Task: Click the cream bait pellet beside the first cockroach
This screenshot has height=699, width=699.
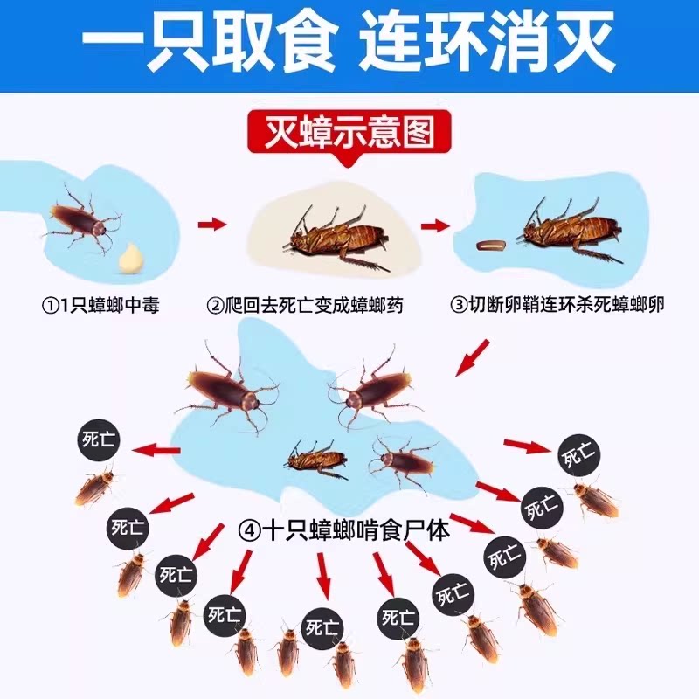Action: point(129,255)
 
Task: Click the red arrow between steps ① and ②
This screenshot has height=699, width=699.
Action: point(212,225)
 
